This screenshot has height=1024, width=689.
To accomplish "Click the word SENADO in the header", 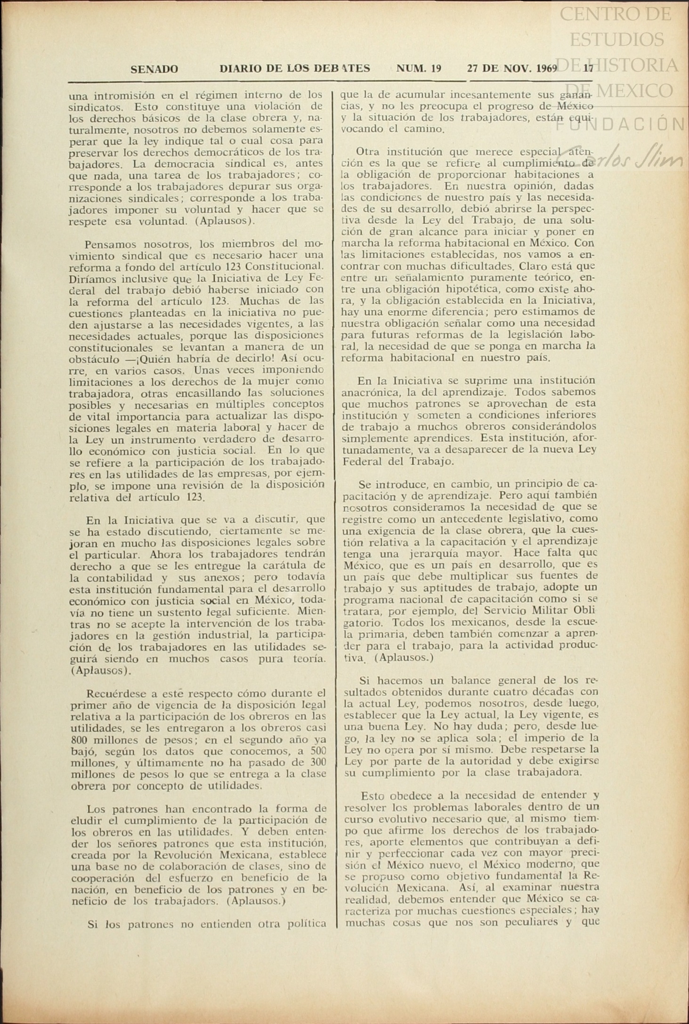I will click(x=154, y=69).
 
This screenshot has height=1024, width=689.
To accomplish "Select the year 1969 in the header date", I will click(x=546, y=68).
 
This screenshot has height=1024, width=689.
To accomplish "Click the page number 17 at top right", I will click(x=588, y=68).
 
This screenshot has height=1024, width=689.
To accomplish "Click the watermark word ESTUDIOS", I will click(x=616, y=39).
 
